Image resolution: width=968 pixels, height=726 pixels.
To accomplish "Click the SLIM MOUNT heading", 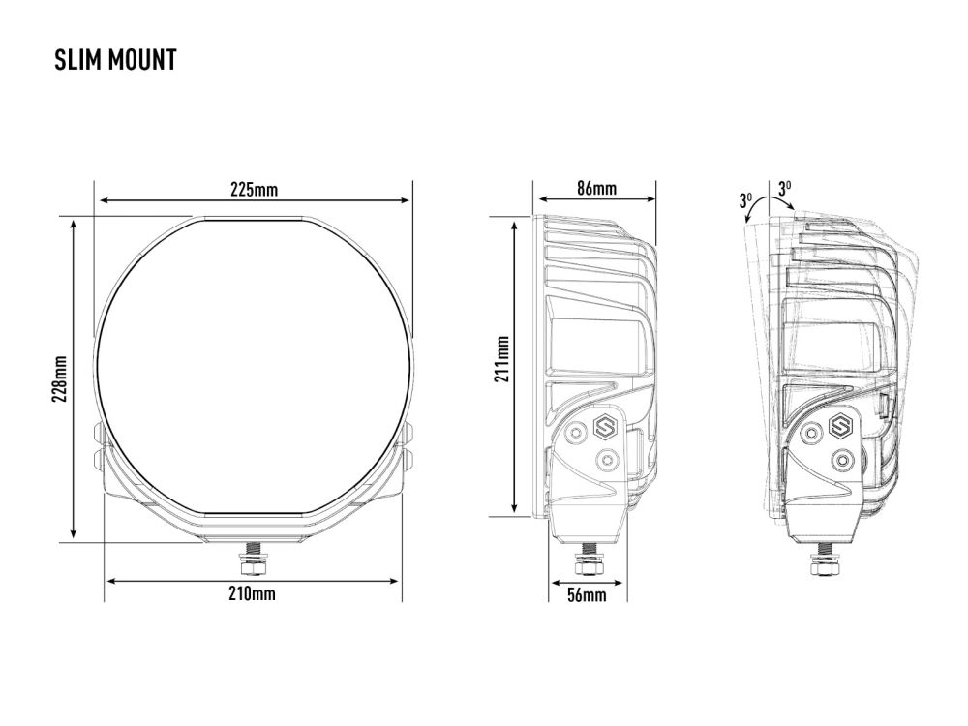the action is coord(115,60).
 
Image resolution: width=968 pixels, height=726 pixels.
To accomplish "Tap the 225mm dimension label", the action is coord(254,189).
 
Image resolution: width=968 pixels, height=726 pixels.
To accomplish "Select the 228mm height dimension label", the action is coord(59,379).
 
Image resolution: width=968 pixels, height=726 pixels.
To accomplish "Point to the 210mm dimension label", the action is coord(252,594).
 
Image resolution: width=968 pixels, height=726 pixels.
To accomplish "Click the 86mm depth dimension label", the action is coord(596,188).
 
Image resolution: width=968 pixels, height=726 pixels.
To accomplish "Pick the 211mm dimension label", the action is coord(501,359).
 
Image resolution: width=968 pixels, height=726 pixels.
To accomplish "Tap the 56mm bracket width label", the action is coord(587,595).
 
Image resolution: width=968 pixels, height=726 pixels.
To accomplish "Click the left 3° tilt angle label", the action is coord(745,200).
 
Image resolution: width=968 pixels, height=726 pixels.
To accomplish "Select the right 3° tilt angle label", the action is coord(785,189).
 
